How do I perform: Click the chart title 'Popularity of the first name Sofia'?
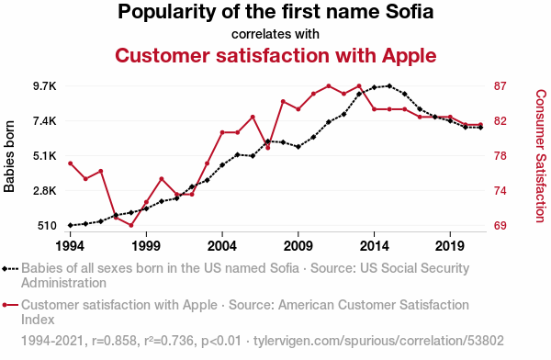[x=275, y=12]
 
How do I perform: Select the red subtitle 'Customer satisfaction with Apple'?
[x=275, y=55]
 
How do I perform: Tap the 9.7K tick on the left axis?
[x=45, y=86]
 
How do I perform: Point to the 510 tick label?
[x=47, y=226]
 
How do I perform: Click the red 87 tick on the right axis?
[x=500, y=86]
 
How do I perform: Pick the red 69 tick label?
[x=500, y=226]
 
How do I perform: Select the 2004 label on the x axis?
[x=222, y=246]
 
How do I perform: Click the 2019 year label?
[x=450, y=246]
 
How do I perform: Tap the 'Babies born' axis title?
[x=9, y=156]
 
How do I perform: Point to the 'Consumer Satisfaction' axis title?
[x=541, y=156]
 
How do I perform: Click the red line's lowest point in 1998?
[x=131, y=225]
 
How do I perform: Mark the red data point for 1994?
[x=71, y=163]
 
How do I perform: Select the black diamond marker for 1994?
[x=71, y=225]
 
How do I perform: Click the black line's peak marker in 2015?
[x=389, y=85]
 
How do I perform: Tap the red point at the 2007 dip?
[x=268, y=148]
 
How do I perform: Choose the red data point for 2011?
[x=329, y=85]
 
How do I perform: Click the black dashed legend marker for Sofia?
[x=10, y=269]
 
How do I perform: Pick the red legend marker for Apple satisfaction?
[x=10, y=305]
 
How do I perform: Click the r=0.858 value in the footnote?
[x=114, y=341]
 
